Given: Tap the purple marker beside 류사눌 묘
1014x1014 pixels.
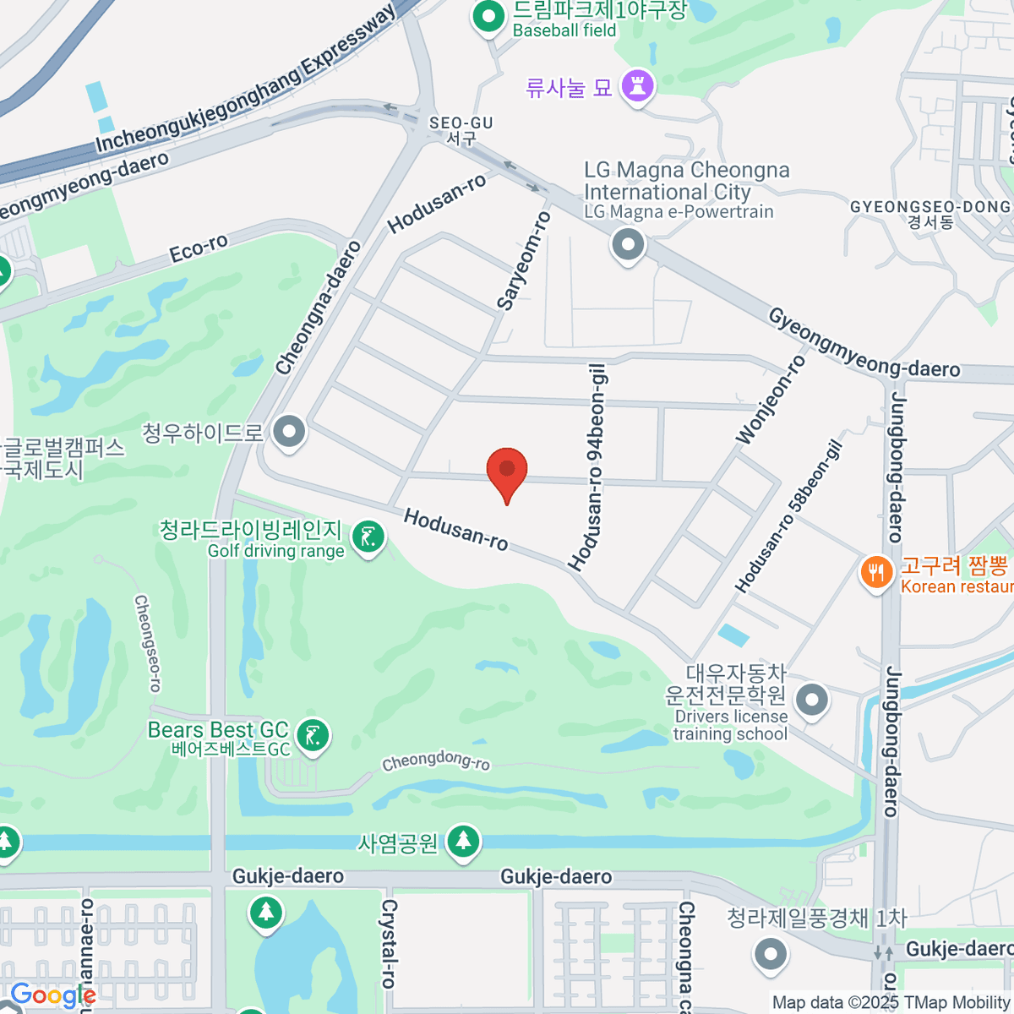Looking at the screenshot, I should coord(637,86).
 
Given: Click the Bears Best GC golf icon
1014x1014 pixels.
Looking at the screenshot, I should coord(313,735).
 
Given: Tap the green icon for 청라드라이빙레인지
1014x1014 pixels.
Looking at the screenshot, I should coord(368,537).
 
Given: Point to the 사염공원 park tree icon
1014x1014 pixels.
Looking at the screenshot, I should coord(462,841).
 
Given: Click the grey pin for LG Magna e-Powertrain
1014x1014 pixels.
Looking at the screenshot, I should coord(627,246).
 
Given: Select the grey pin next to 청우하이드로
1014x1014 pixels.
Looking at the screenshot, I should coord(290,432).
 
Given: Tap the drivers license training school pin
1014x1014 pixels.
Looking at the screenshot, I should coord(812,700).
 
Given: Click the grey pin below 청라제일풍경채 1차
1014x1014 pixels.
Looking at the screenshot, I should coord(770,954).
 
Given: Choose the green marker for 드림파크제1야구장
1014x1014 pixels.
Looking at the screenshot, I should coord(488,16).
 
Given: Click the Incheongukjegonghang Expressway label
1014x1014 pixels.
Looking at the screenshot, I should coord(245,81).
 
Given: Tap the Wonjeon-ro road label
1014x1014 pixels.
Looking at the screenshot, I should coord(771,400).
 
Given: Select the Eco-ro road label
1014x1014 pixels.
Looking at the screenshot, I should coord(199,248).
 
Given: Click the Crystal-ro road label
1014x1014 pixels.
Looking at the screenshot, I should coord(389,943).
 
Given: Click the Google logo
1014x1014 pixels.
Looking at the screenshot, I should coord(52,995).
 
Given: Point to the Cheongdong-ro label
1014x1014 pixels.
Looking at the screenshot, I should coord(435,760).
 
